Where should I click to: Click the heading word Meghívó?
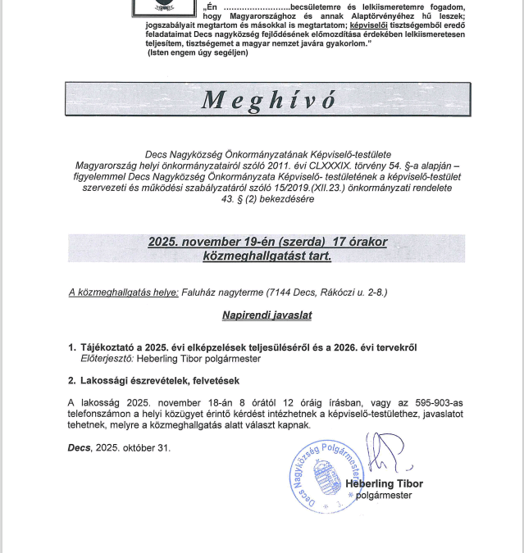coord(268,100)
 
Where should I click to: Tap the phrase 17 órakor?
coord(360,243)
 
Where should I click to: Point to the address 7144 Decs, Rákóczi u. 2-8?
coord(325,292)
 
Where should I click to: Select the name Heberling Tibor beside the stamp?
coord(384,483)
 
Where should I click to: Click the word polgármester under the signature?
coord(386,496)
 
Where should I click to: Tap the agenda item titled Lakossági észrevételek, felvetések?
coord(160,381)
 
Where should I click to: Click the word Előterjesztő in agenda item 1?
coord(107,359)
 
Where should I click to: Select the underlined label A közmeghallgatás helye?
coord(123,292)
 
